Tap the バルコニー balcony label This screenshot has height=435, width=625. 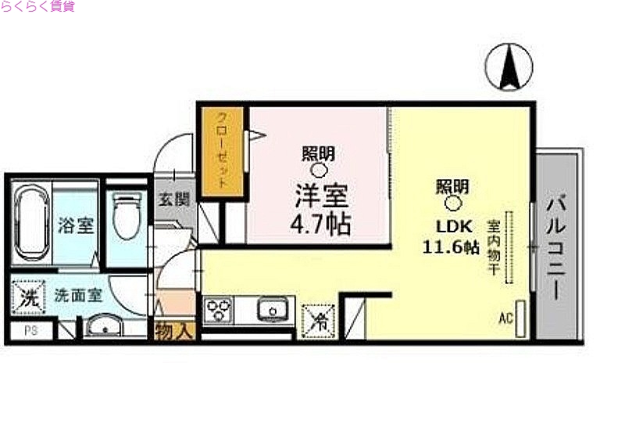[556, 246]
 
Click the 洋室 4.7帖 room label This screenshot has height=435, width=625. [320, 210]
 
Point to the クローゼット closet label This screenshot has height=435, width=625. [222, 153]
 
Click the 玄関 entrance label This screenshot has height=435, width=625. [174, 199]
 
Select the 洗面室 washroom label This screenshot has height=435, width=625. [77, 296]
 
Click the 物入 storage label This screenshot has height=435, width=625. [174, 331]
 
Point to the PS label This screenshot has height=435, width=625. [30, 331]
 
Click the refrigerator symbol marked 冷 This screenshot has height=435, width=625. [319, 318]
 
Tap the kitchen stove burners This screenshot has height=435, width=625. [218, 311]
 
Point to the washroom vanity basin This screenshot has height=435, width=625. [106, 326]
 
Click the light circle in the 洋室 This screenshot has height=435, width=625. [320, 170]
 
